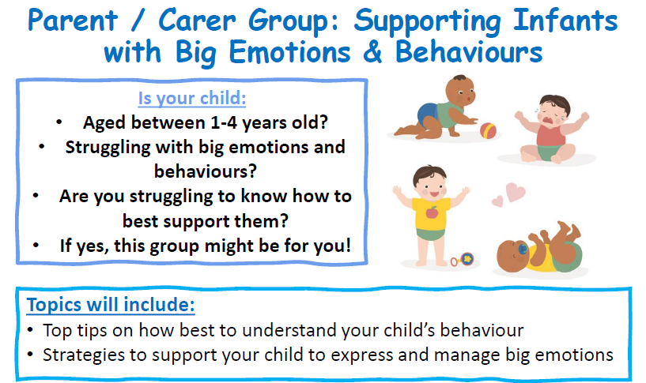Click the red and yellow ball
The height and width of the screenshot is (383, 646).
(488, 131)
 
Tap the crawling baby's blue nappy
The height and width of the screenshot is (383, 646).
(427, 115)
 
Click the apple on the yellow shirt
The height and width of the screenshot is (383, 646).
(432, 212)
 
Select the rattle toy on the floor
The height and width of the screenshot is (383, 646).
(462, 260)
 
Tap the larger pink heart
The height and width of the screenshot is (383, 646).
(516, 192)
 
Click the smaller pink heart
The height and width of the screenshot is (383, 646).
(497, 201)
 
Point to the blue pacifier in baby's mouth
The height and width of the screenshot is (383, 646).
(523, 249)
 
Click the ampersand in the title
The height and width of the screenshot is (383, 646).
(372, 53)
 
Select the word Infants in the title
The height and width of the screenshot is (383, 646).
(565, 21)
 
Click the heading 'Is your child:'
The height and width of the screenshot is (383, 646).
(192, 99)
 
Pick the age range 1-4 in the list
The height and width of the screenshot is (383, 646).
(224, 122)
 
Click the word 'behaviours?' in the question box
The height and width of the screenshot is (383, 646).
(205, 171)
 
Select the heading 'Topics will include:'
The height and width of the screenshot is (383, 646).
(111, 305)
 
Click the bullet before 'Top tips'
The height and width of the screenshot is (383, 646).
(30, 330)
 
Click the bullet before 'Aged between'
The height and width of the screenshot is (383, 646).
(59, 122)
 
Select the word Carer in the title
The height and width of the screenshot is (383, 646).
(197, 21)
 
